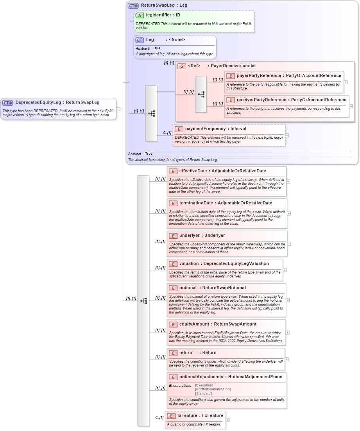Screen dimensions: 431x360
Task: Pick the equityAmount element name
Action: point(194,324)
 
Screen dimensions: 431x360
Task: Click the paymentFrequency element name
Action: point(205,129)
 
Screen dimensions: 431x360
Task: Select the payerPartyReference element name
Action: point(259,75)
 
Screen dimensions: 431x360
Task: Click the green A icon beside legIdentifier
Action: point(140,15)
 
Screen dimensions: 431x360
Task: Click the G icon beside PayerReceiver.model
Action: point(182,66)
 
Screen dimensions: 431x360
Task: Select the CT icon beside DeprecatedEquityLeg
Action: point(8,103)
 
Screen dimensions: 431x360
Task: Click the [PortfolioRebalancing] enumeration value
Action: point(213,389)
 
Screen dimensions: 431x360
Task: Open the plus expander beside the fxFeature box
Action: point(228,420)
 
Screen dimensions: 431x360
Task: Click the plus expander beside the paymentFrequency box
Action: point(287,135)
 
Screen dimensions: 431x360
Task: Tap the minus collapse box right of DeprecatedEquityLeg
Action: point(118,109)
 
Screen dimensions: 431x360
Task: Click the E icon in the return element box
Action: point(173,353)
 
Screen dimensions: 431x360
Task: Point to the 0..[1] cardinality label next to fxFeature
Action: point(159,417)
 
